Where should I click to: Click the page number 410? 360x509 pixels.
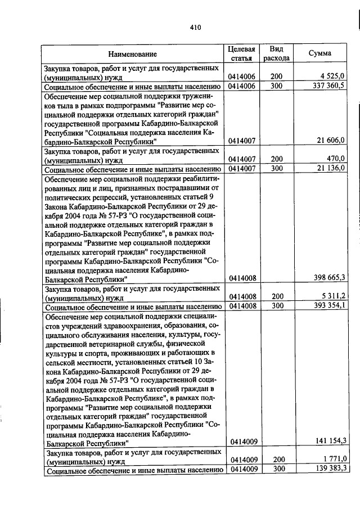195,27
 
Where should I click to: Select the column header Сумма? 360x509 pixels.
319,53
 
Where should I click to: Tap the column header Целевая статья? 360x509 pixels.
242,53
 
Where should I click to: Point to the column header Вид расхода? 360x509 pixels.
276,53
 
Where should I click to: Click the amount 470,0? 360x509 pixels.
336,159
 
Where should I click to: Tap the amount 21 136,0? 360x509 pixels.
331,168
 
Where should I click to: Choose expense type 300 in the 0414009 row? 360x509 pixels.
276,469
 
